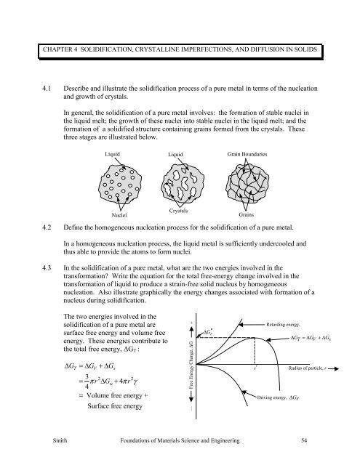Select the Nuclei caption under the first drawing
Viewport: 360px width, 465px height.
[x=121, y=215]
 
